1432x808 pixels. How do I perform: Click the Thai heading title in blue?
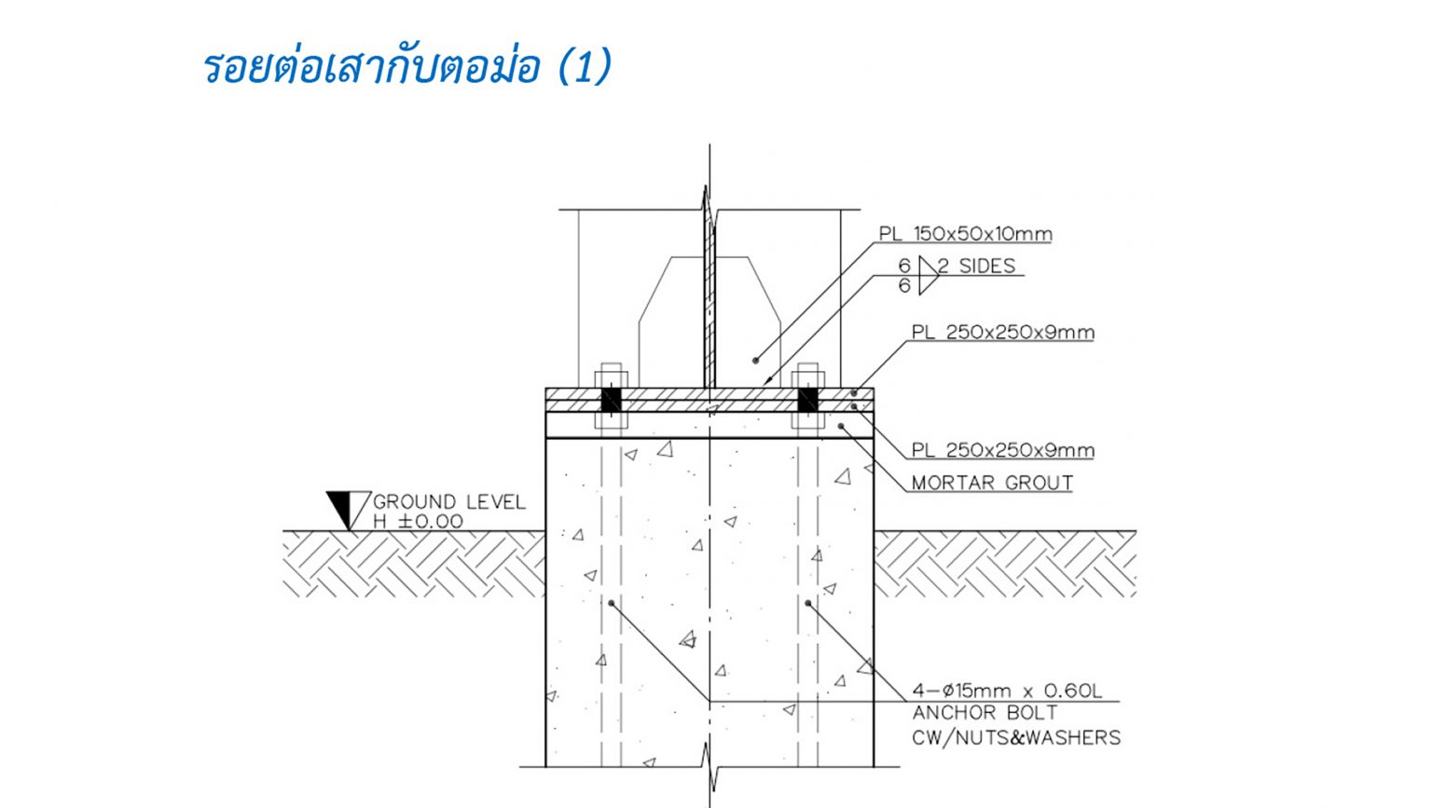coord(407,65)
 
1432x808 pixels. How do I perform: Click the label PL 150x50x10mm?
coord(965,234)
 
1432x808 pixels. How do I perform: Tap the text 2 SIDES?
coord(976,266)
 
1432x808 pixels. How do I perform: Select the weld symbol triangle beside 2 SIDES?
coord(929,276)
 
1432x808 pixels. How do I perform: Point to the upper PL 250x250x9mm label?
coord(1002,333)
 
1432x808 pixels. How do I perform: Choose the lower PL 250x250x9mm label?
coord(1002,450)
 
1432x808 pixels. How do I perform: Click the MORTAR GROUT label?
coord(992,483)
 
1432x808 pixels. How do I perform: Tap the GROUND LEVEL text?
coord(449,501)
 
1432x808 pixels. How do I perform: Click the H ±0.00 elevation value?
coord(418,521)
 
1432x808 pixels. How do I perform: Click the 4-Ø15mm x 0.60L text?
coord(1007,691)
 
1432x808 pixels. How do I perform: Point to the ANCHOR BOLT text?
coord(984,713)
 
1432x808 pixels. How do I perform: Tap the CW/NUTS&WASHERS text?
coord(1016,738)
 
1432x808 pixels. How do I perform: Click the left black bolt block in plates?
coord(612,400)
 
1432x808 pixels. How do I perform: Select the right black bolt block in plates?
coord(808,400)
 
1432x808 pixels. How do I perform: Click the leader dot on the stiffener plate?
coord(755,361)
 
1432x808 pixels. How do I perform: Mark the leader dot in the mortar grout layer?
coord(841,426)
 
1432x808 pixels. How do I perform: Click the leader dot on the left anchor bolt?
coord(612,603)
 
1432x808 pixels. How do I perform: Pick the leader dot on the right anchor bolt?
coord(808,603)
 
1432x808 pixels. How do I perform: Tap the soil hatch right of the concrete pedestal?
coord(1005,564)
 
